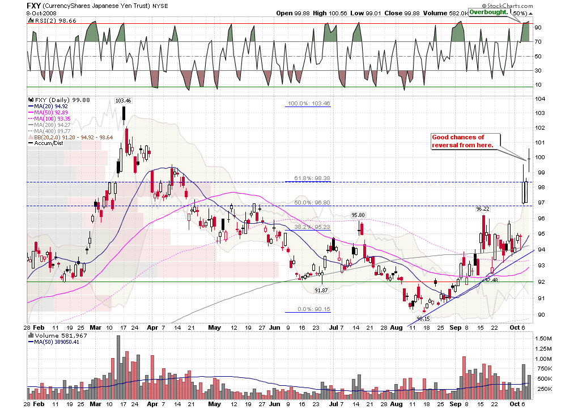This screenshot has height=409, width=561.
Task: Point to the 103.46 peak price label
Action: point(123,100)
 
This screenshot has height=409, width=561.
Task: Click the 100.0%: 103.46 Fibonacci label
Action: point(309,104)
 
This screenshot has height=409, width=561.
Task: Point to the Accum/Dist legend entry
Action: point(47,143)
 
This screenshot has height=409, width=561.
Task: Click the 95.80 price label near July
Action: point(358,215)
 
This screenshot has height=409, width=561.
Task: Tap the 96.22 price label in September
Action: point(482,208)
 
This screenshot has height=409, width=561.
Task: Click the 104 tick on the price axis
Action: point(541,99)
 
